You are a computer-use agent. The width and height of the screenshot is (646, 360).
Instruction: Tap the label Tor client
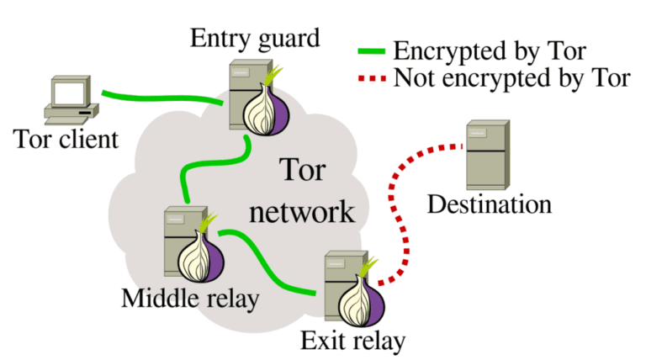pos(66,139)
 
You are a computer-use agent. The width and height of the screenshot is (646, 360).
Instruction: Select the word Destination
pos(490,204)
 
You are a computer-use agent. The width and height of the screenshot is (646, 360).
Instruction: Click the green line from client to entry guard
pos(160,97)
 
